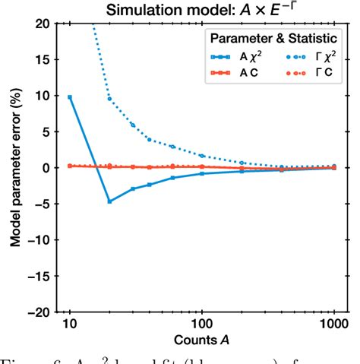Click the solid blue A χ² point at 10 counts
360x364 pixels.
[x=70, y=97]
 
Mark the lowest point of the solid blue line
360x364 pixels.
[x=109, y=201]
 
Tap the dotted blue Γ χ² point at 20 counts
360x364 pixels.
[x=109, y=99]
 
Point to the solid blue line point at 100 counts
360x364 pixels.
[x=202, y=174]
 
